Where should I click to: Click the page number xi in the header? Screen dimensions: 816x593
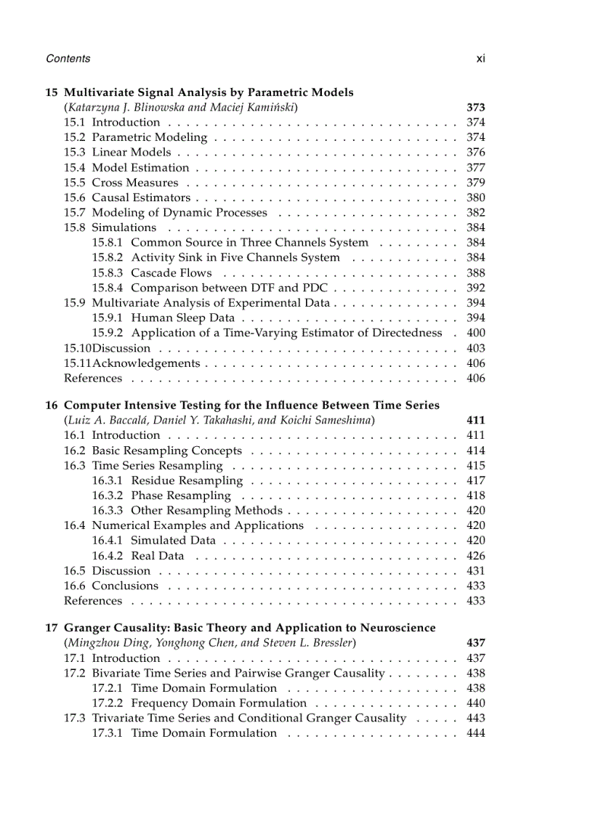pos(480,59)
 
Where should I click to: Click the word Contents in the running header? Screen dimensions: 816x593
pos(68,59)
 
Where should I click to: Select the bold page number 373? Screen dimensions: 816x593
pos(475,108)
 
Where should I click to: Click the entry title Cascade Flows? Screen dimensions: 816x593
pos(172,273)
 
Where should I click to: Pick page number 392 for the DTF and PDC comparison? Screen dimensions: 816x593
pos(475,288)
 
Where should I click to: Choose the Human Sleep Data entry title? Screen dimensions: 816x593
pos(182,318)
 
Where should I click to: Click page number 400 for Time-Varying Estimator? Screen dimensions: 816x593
pos(475,333)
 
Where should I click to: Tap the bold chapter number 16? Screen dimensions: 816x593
pos(51,405)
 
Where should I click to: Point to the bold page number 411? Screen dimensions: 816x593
pos(475,420)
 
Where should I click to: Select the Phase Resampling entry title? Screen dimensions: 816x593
pos(180,496)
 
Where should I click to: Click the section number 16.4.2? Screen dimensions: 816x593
pos(107,556)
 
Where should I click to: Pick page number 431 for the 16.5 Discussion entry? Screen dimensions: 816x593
pos(475,571)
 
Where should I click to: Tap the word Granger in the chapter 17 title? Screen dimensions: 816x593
pos(87,628)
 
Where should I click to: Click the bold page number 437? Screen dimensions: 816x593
pos(475,643)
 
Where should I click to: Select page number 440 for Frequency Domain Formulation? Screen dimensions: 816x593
pos(475,703)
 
